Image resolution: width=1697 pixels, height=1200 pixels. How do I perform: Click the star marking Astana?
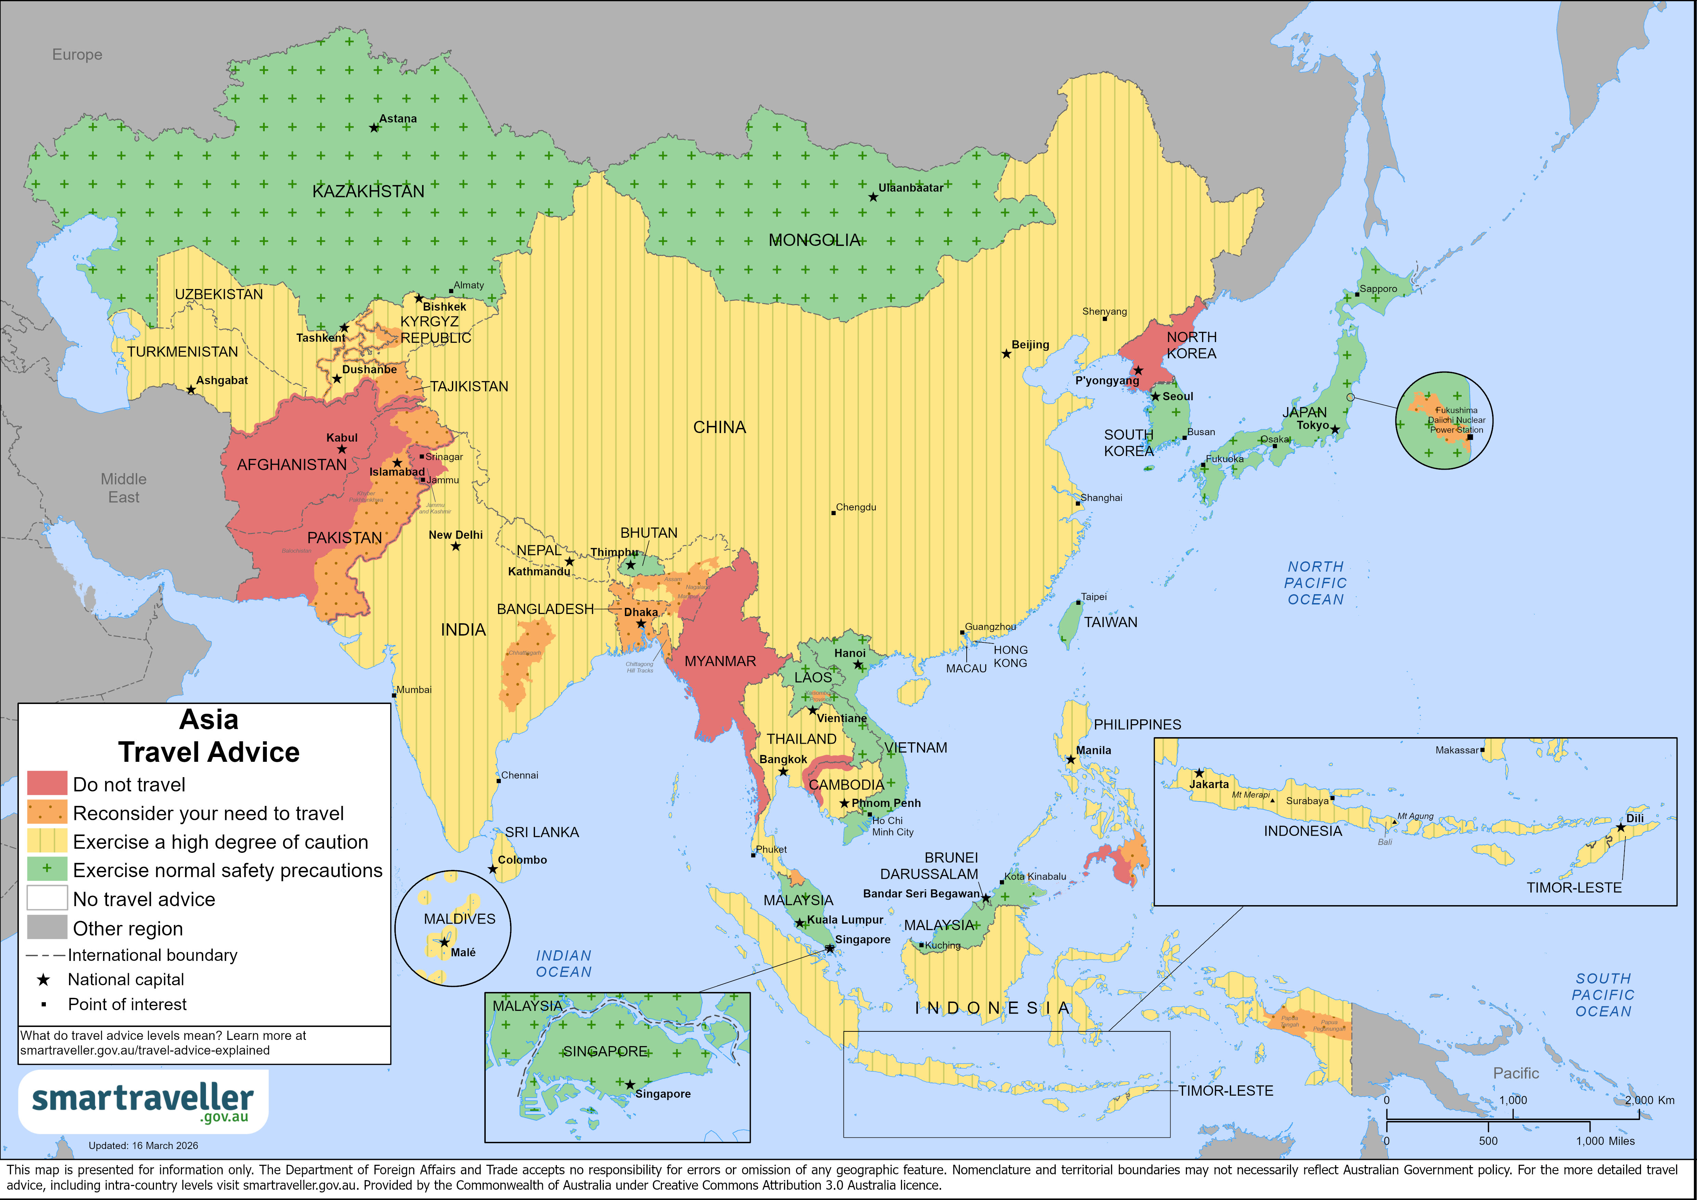tap(374, 128)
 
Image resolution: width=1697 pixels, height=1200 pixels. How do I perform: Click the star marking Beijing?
tap(1006, 354)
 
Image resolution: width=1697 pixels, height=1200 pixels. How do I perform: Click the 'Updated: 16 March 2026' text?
tap(143, 1145)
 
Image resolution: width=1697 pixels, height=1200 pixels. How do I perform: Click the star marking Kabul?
tap(341, 449)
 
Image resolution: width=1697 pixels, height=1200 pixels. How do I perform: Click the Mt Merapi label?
tap(1251, 795)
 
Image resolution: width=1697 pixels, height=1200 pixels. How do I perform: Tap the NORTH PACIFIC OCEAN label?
tap(1316, 583)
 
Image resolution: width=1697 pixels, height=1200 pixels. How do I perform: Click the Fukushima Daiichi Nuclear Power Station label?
tap(1456, 420)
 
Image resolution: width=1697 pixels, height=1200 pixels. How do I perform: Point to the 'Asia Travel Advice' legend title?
tap(209, 736)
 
